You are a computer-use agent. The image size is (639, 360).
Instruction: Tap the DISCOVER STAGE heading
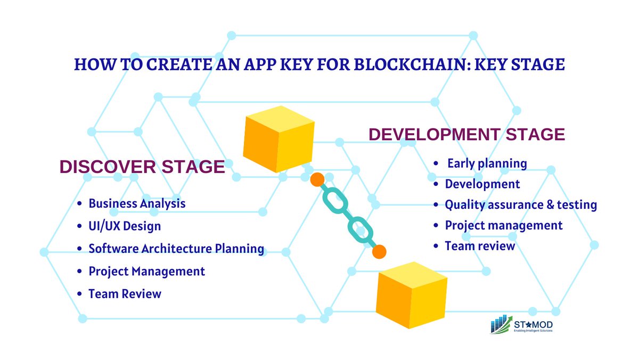tap(142, 167)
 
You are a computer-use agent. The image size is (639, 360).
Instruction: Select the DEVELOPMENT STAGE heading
tap(466, 134)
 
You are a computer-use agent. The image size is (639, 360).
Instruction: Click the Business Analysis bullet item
tap(137, 203)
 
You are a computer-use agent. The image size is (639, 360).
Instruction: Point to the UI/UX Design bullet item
tap(125, 226)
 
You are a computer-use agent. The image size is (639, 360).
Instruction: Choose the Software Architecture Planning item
tap(176, 248)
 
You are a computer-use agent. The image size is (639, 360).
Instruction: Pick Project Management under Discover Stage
tap(146, 271)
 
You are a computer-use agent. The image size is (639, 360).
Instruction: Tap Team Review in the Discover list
tap(125, 293)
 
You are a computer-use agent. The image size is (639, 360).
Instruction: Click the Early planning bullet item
tap(487, 163)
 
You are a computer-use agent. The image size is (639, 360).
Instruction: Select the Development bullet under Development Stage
tap(482, 184)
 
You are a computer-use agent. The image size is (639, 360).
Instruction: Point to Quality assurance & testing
tap(521, 204)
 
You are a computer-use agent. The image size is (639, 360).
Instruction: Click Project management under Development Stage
tap(504, 225)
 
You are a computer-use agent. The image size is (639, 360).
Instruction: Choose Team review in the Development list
tap(480, 246)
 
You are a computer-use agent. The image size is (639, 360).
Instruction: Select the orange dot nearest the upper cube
tap(317, 179)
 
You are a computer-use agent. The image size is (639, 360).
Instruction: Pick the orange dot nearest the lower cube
tap(379, 251)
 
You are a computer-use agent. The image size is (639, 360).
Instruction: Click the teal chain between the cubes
tap(348, 216)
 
